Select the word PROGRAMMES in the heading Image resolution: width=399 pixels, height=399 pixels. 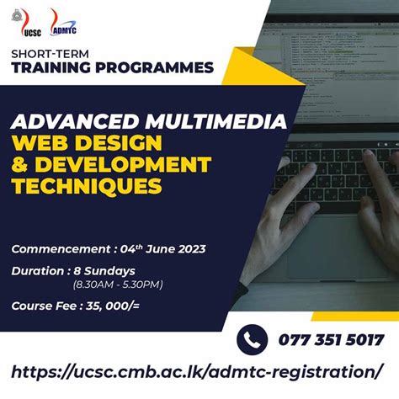tap(160, 67)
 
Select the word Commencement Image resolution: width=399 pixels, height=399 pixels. tap(59, 248)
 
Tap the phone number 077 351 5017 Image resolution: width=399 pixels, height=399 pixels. tap(331, 340)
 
